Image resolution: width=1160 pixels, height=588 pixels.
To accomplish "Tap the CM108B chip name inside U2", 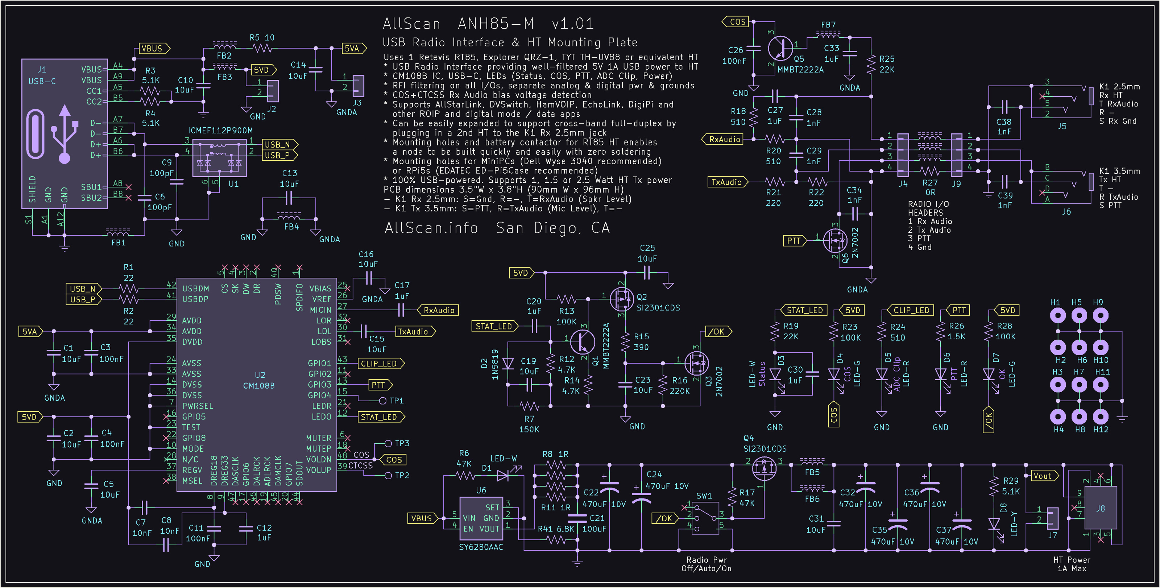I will click(x=258, y=386).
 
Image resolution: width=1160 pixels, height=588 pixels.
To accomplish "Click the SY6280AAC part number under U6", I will click(x=481, y=547).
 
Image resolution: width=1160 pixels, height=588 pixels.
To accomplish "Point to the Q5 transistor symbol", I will click(x=780, y=48).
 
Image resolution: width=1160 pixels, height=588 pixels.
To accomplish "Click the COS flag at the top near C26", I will click(x=736, y=22).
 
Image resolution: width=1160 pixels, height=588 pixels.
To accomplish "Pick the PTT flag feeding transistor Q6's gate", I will click(x=794, y=241).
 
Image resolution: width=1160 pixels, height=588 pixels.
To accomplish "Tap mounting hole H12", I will click(x=1100, y=417).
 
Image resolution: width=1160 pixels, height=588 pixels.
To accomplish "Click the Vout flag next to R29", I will click(x=1043, y=476).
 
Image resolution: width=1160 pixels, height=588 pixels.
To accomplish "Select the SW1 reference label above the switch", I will click(x=704, y=496).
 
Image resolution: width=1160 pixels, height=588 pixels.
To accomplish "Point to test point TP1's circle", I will click(x=383, y=401).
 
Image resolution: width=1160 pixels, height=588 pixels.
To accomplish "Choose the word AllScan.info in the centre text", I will click(x=431, y=228).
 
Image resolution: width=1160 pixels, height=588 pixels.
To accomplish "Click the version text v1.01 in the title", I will click(x=573, y=24).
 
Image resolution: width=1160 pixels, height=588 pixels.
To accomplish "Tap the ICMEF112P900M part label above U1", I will click(x=220, y=131).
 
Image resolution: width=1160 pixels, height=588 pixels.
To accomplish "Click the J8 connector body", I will click(x=1100, y=508).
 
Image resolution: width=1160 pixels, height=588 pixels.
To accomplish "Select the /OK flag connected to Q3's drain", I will click(x=717, y=332).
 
